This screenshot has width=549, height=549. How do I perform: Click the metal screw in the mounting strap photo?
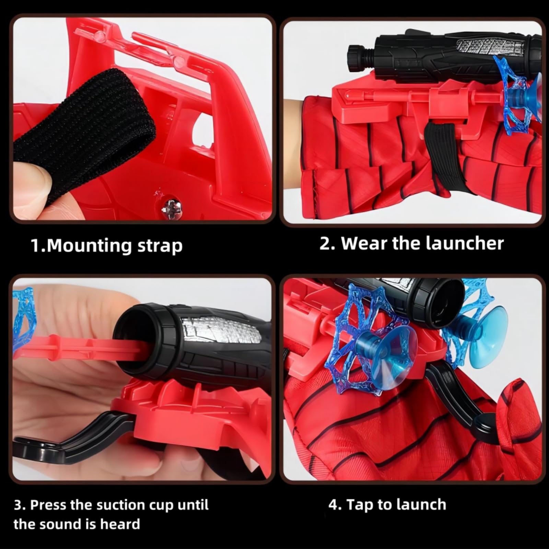tap(169, 207)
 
